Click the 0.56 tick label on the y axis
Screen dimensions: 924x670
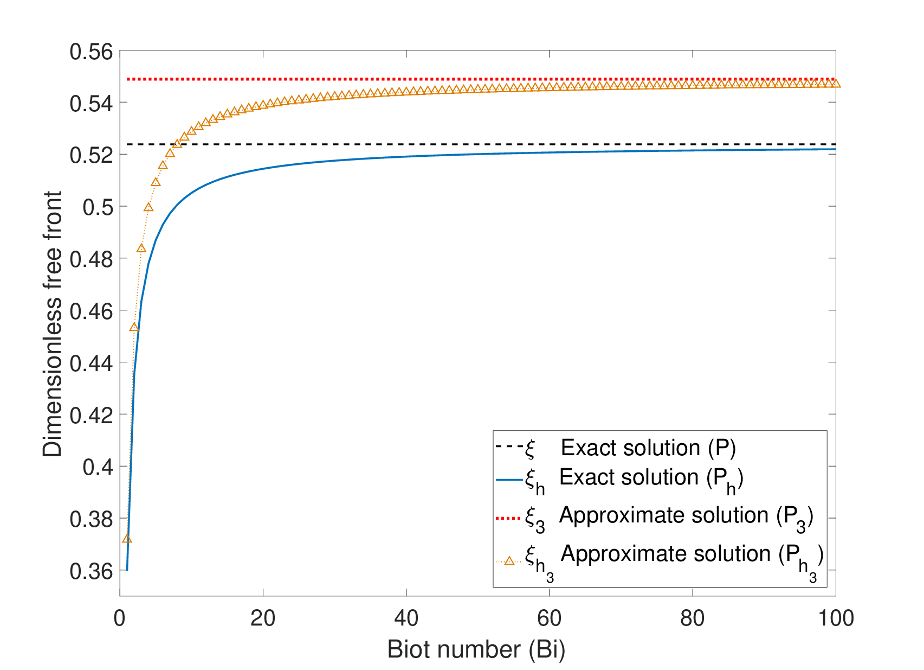pos(91,52)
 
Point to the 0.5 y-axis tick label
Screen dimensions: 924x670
pos(98,207)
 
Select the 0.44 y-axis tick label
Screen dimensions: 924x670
pos(91,363)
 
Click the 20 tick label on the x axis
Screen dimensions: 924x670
pos(263,618)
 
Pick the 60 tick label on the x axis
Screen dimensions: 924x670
pos(549,618)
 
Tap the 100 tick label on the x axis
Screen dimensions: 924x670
pos(836,618)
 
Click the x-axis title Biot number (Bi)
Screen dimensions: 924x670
pos(476,650)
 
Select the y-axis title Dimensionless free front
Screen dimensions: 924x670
pos(53,324)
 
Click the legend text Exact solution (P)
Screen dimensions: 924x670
pos(648,448)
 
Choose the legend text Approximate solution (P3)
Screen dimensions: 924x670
pos(686,516)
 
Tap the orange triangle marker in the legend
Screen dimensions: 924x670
pos(509,561)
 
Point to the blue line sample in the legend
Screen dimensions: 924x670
pos(509,480)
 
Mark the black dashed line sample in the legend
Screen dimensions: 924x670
pos(509,446)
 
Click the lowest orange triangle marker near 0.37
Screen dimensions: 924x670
pos(127,539)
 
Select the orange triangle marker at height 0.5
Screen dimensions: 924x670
pos(148,207)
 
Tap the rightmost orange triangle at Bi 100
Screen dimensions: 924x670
pos(836,84)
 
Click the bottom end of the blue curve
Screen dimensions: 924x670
pos(127,570)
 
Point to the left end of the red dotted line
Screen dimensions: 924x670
pos(128,79)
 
